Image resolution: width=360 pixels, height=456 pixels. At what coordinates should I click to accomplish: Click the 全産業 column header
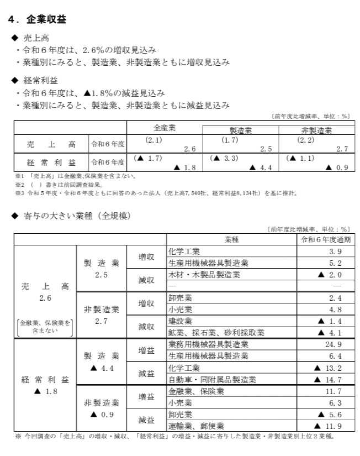(164, 128)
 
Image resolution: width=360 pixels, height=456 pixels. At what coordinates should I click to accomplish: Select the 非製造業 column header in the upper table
(316, 130)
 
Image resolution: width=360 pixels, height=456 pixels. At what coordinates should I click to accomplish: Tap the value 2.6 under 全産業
(189, 149)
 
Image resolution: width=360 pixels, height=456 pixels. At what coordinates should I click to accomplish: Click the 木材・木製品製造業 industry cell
(204, 274)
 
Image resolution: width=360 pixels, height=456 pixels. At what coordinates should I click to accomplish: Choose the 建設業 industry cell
(180, 321)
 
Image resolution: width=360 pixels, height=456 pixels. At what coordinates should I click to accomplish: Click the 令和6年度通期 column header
(325, 240)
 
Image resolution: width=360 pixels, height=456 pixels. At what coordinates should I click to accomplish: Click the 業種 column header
(231, 240)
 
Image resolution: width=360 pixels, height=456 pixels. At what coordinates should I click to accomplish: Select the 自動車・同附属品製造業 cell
(212, 379)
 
